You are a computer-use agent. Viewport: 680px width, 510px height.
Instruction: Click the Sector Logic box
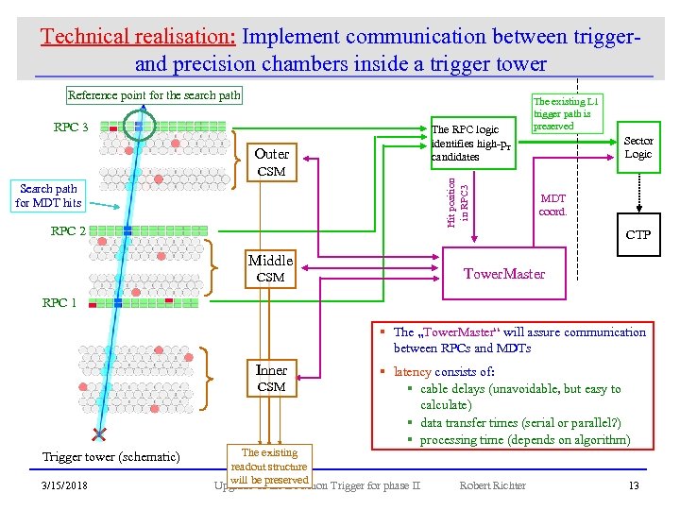coord(638,147)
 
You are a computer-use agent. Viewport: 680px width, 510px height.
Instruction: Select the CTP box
coord(638,234)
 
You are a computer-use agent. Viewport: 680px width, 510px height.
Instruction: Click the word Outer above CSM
coord(271,154)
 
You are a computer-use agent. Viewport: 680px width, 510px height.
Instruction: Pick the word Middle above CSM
coord(270,260)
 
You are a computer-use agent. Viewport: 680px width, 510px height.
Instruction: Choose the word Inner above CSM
coord(271,369)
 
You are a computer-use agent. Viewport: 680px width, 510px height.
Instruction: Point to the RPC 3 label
coord(71,127)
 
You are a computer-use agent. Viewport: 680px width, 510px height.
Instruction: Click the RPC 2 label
coord(68,231)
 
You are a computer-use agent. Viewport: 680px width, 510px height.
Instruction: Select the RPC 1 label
coord(59,302)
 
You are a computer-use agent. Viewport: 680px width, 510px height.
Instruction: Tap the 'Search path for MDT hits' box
coord(48,195)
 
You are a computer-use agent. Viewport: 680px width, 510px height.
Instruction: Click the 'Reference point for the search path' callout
coord(155,94)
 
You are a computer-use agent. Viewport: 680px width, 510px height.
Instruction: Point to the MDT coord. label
coord(552,205)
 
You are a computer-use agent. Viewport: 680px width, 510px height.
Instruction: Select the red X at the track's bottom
coord(97,434)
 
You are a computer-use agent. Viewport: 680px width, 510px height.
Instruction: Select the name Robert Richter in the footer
coord(492,485)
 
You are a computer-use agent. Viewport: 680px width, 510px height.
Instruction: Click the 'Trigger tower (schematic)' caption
coord(111,456)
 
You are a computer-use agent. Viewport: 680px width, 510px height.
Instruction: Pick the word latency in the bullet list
coord(413,371)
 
